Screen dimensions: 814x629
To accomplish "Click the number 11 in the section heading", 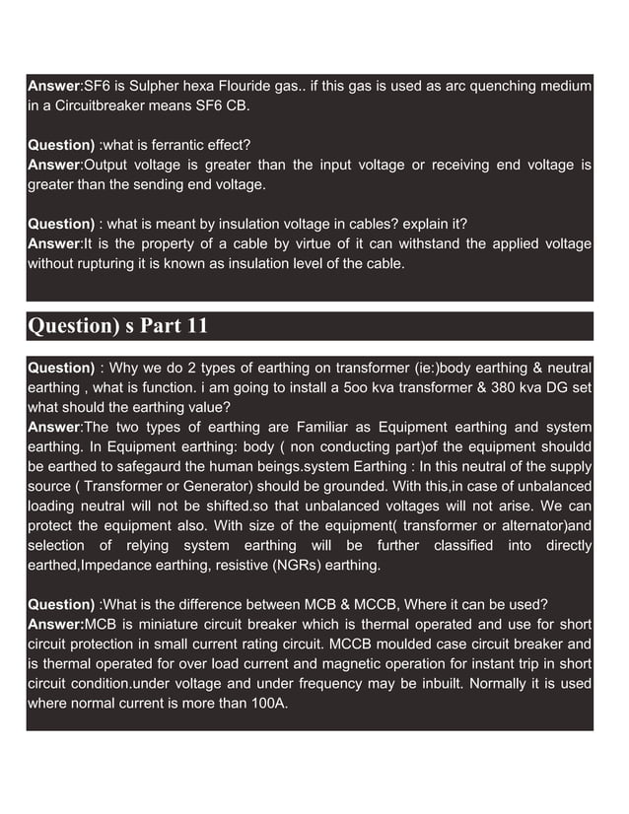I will [196, 326].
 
